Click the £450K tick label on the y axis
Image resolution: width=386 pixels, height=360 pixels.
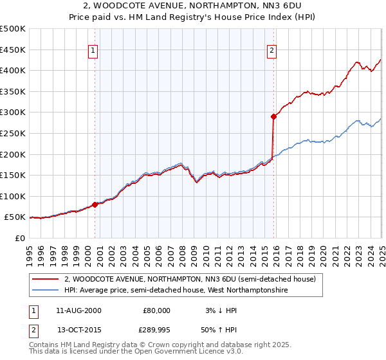tap(12, 50)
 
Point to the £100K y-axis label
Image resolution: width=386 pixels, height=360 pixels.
tap(12, 196)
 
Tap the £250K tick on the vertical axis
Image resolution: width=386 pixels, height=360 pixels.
tap(12, 133)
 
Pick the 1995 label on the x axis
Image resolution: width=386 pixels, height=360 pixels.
tap(30, 250)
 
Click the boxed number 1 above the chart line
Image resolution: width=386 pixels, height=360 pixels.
tap(93, 51)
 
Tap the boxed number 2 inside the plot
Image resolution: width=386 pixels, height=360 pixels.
tap(272, 51)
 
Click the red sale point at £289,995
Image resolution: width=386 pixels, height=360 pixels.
tap(273, 116)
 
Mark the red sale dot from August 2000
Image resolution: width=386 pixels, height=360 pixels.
tap(95, 204)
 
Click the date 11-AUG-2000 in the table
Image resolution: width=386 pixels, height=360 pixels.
tap(78, 310)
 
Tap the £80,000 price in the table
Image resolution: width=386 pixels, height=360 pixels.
tap(156, 310)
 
